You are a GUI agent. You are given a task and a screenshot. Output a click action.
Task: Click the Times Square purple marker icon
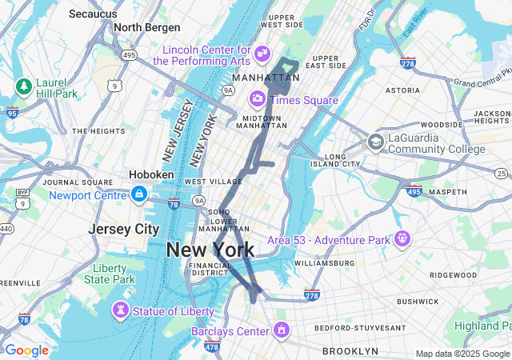point(258,98)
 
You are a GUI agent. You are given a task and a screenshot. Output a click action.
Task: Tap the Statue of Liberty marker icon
point(121,310)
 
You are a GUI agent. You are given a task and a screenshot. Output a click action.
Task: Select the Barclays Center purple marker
point(281,330)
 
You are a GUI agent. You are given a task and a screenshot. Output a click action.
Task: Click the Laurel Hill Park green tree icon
point(23,86)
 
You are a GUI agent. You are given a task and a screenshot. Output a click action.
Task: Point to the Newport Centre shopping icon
point(139,194)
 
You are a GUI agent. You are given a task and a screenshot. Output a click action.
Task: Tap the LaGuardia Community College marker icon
point(374,142)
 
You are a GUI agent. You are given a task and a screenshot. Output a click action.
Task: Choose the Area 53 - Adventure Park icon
point(402,238)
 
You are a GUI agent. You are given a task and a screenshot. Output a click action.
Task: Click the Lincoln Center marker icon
point(262,54)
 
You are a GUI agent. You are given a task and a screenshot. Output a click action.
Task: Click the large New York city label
point(210,250)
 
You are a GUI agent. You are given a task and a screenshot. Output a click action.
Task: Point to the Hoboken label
point(151,174)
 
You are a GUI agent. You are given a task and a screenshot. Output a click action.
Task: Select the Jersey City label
point(124,229)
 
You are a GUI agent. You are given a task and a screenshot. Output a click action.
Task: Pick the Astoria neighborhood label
point(402,91)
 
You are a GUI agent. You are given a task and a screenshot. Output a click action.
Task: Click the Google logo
point(26,350)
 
